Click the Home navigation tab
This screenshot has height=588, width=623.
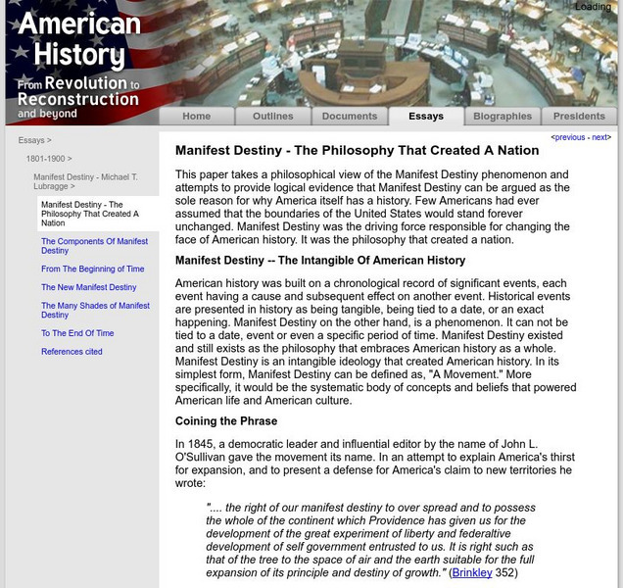pos(196,116)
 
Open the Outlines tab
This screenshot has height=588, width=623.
pos(272,116)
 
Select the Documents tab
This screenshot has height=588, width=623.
pos(350,116)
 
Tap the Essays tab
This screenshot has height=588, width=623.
pos(426,116)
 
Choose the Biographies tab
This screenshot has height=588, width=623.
pos(503,116)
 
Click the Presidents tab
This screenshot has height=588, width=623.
pos(580,116)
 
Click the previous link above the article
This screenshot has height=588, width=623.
pos(569,138)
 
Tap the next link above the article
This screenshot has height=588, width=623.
pos(599,138)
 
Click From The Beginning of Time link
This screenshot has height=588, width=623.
pos(92,269)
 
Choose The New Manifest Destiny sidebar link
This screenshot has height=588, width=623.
pos(88,287)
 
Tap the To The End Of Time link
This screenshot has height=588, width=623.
pos(77,333)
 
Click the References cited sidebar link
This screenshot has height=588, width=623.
pos(72,352)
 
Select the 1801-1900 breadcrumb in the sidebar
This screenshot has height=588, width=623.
pos(47,158)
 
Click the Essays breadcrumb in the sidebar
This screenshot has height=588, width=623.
pos(33,140)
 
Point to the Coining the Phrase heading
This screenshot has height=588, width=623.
pos(225,421)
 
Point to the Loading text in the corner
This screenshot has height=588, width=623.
pos(593,7)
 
